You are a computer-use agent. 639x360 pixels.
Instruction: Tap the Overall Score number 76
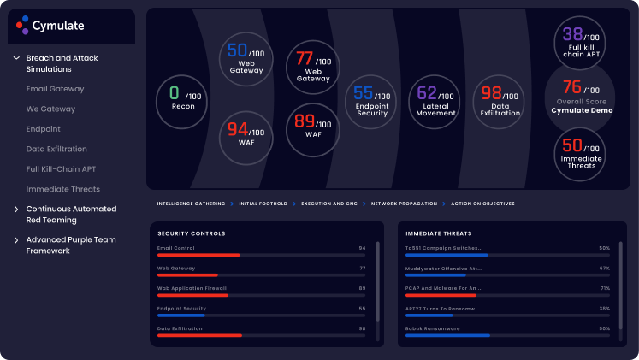coord(572,87)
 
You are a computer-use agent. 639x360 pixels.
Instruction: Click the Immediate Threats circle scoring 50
coord(579,153)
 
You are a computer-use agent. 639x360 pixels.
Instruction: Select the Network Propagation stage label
coord(404,204)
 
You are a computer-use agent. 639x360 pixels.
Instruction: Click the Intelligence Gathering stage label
coord(191,204)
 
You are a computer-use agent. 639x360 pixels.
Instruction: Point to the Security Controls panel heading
coord(192,233)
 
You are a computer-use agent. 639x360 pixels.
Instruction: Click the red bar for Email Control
coord(198,255)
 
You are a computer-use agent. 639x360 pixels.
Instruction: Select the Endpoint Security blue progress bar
coord(181,316)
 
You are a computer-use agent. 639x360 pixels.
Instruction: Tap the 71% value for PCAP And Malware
coord(604,288)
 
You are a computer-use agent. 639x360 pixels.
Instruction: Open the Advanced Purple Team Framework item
coord(70,245)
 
